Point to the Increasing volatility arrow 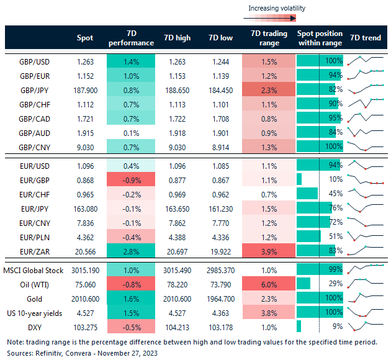pyautogui.click(x=276, y=19)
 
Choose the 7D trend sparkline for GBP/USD pyautogui.click(x=364, y=61)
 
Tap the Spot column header pyautogui.click(x=85, y=38)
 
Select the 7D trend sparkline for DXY pyautogui.click(x=364, y=326)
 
